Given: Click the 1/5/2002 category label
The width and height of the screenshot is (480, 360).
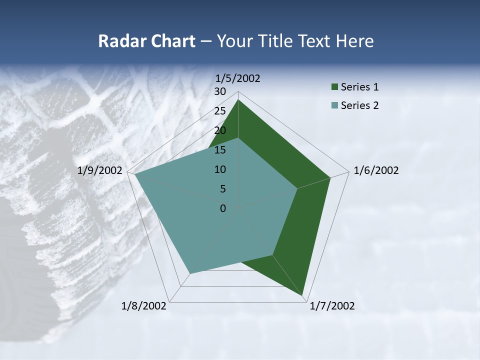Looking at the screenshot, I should point(237,78).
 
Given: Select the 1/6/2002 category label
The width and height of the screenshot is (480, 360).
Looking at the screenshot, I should point(376,170).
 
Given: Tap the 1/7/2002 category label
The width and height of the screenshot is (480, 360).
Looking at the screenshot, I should point(332,306).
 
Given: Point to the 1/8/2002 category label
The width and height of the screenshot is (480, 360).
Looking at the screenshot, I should point(144,306).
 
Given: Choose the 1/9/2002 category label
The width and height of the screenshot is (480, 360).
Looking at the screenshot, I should point(100,170).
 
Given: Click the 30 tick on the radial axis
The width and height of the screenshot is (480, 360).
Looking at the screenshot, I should point(220,91).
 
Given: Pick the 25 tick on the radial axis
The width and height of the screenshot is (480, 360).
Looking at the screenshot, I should point(220,111).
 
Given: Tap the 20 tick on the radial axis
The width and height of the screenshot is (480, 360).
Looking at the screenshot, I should point(220,130).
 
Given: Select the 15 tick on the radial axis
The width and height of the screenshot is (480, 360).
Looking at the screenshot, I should point(220,150).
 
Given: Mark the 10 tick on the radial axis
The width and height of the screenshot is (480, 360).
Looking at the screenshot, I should point(220,169).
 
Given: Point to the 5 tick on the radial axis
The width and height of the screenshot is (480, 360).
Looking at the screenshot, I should point(222,189).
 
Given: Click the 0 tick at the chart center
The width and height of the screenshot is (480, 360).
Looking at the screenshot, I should point(223,208).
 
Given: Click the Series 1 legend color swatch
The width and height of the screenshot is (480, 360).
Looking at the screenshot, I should point(334,87).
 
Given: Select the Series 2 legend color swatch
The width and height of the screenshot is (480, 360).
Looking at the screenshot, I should point(334,105).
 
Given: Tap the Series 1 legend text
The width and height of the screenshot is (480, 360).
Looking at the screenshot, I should point(359,87).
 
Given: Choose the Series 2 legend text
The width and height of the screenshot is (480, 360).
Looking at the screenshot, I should point(359,105).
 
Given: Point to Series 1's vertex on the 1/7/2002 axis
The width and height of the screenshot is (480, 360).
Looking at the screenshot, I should point(303,295).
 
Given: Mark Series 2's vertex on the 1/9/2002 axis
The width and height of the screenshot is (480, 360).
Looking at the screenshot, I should point(134,174).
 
